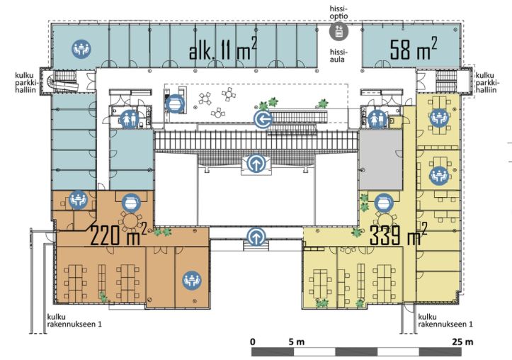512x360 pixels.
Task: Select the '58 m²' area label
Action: (x=414, y=49)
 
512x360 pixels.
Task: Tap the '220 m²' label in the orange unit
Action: (x=118, y=235)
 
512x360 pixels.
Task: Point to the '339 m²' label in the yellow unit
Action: (x=398, y=234)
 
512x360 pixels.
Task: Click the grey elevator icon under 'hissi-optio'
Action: (x=339, y=31)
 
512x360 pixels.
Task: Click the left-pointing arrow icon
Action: (x=263, y=119)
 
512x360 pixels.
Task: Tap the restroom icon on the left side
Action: (x=130, y=119)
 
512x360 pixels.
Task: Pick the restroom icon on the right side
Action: (x=377, y=119)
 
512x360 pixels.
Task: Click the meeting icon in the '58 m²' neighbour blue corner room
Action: (x=81, y=50)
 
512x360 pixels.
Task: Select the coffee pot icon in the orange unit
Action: (x=131, y=203)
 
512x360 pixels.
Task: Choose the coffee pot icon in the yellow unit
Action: (x=384, y=203)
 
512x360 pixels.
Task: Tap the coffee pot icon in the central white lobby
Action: (x=175, y=104)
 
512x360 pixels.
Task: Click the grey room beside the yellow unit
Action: (x=381, y=161)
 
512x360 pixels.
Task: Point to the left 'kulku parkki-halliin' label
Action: (x=27, y=82)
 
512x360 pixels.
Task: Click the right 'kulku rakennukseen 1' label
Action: (x=445, y=320)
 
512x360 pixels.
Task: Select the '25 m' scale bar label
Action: (x=462, y=342)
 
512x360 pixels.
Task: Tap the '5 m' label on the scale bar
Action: (x=297, y=342)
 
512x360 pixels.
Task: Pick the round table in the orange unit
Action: (x=130, y=221)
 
